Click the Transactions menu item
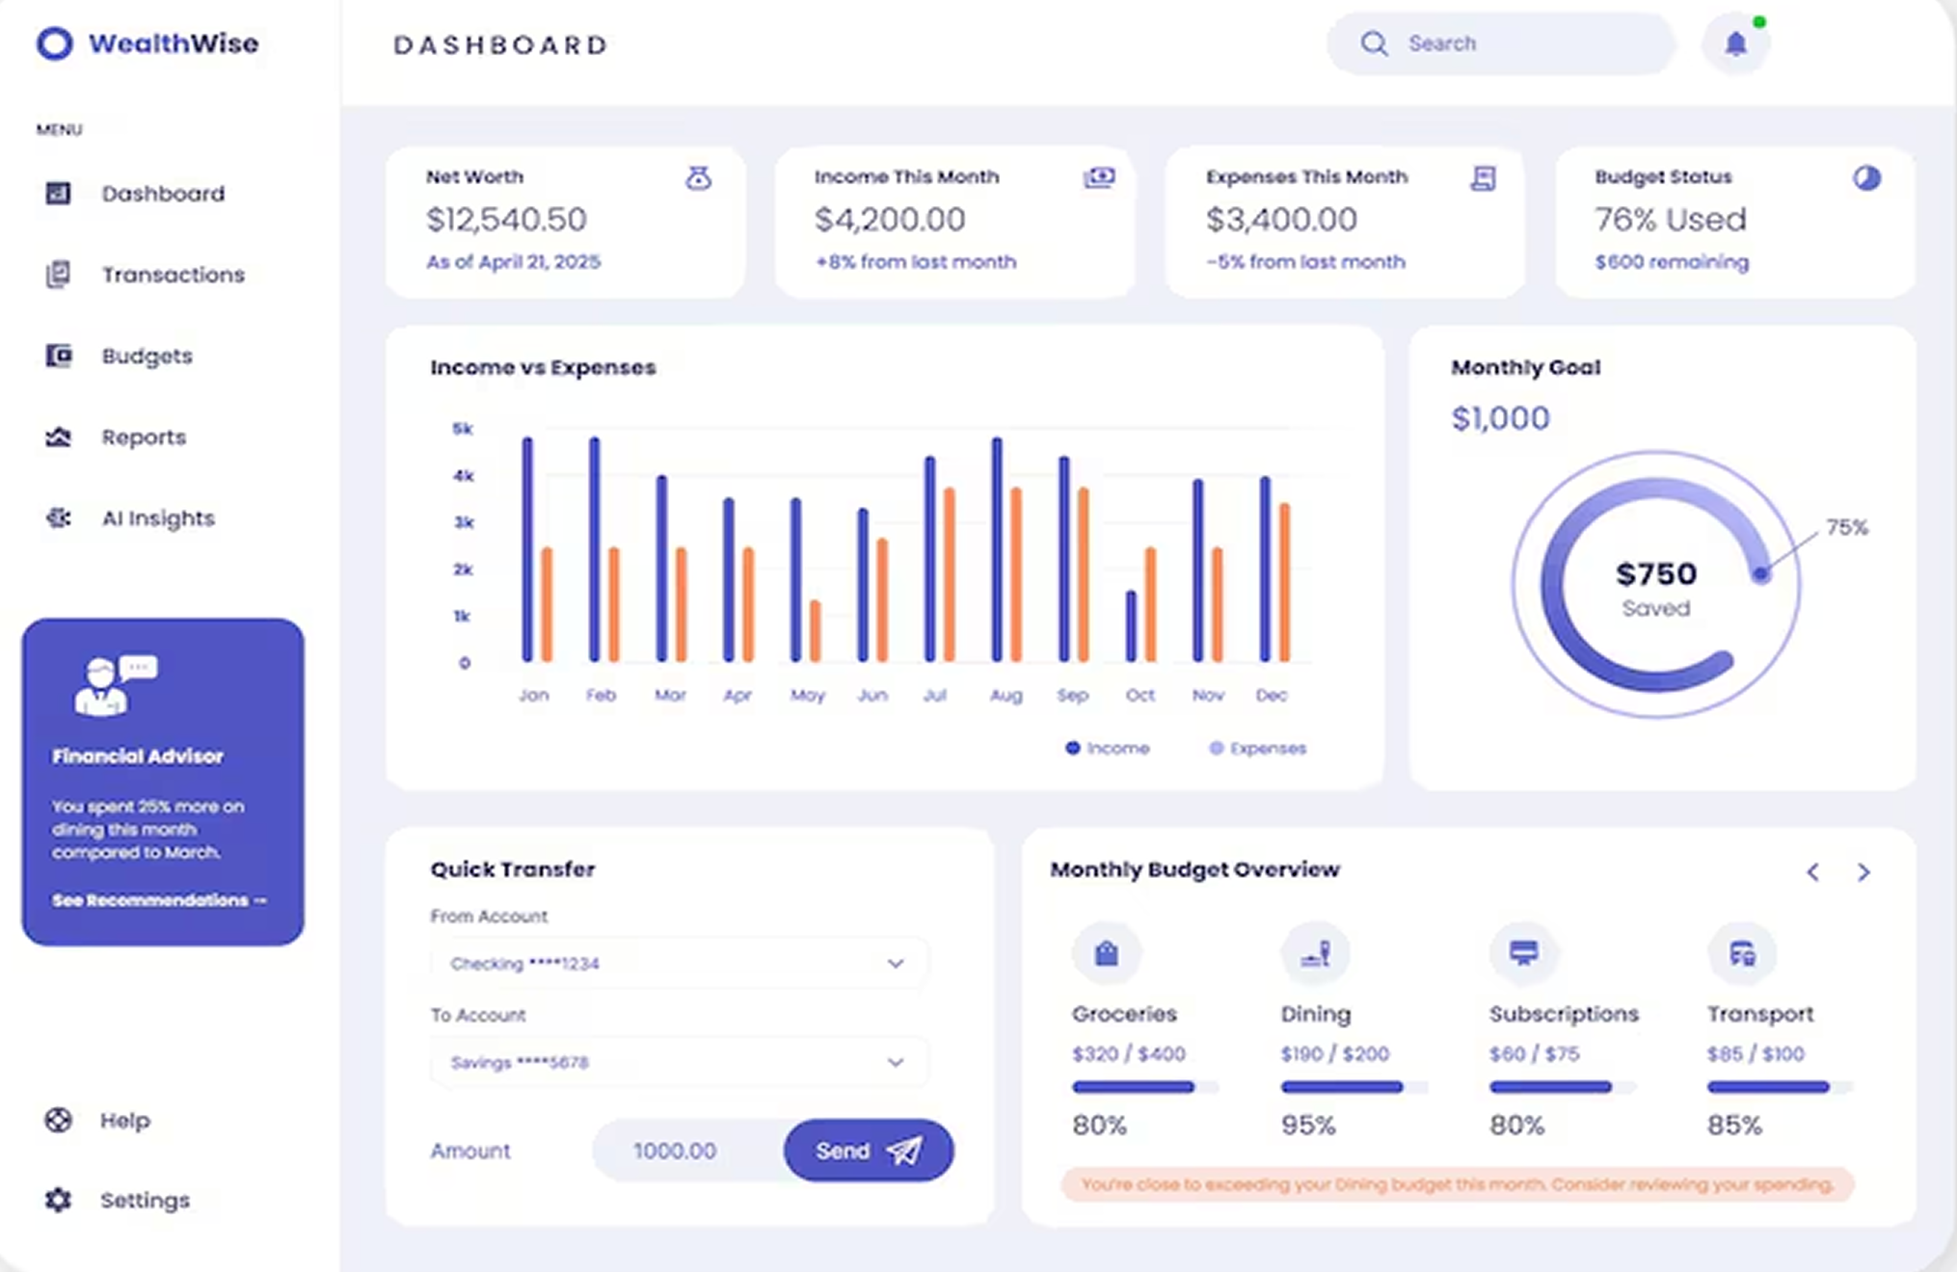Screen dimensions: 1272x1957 [173, 275]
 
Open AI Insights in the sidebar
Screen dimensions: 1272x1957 [157, 518]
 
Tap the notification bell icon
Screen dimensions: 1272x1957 [1735, 44]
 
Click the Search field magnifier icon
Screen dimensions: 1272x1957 [1374, 44]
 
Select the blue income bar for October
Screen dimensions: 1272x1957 [1131, 625]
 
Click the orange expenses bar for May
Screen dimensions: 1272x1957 [816, 630]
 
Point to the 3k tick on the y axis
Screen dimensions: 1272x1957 [464, 522]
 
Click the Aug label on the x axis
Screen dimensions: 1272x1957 [1005, 695]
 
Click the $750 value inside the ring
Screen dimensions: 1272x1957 [1655, 574]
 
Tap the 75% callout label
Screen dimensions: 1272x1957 [1846, 527]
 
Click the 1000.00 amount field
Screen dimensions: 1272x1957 [675, 1151]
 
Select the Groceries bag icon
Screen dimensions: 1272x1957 [1107, 954]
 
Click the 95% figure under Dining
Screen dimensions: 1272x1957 [1307, 1125]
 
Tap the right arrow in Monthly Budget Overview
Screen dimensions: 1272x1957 [1863, 872]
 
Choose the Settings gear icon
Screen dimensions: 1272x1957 [59, 1200]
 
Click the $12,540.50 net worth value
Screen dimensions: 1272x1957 [506, 220]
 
